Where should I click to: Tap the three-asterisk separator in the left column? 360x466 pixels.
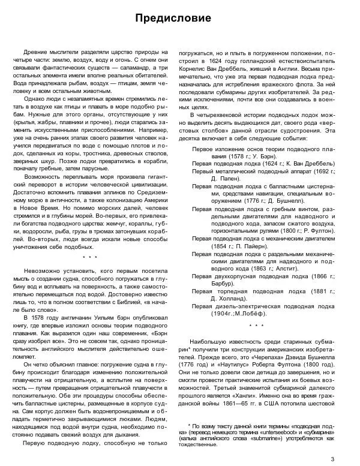pos(89,257)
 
